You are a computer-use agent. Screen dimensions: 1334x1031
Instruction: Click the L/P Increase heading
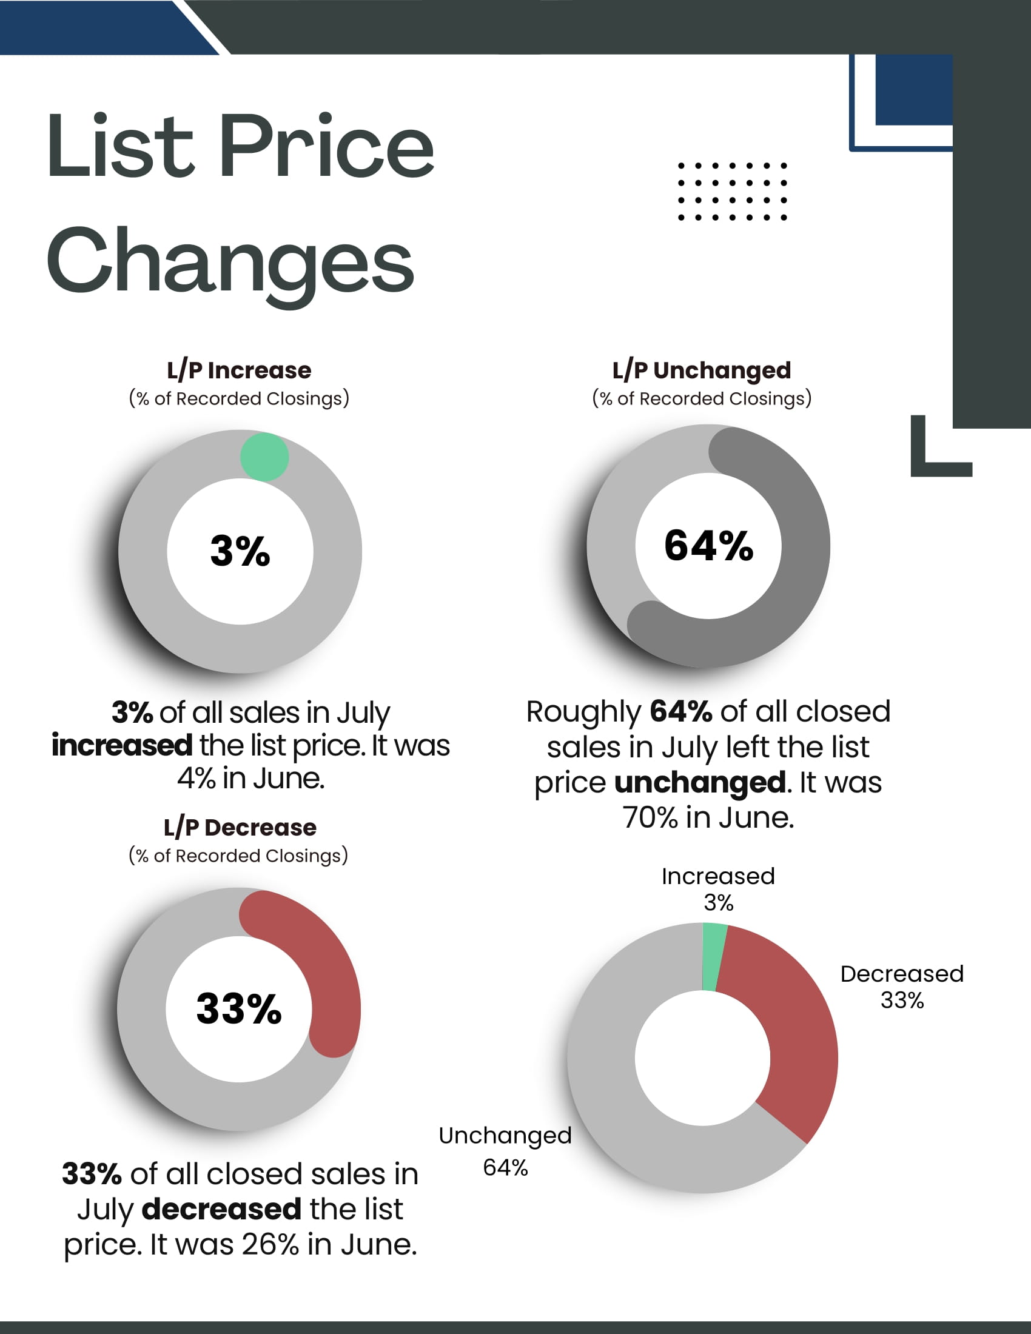tap(239, 370)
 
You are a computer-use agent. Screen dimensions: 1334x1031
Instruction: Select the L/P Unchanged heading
tap(701, 370)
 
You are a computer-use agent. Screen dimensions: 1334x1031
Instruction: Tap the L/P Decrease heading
tap(240, 828)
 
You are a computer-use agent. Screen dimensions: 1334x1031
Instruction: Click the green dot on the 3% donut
tap(264, 457)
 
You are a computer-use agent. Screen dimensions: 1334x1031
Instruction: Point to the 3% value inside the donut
tap(240, 551)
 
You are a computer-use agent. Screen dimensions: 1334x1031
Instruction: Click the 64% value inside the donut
tap(708, 546)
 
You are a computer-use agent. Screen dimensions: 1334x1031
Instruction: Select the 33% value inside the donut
tap(239, 1008)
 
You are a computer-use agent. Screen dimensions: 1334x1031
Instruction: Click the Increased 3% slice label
tap(718, 890)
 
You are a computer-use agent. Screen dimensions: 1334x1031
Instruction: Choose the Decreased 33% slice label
tap(901, 987)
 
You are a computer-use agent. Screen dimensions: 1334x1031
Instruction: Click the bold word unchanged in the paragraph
tap(700, 783)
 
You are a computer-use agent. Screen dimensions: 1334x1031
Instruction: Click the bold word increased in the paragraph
tap(121, 746)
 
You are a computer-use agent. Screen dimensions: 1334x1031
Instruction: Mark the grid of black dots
tap(733, 191)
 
